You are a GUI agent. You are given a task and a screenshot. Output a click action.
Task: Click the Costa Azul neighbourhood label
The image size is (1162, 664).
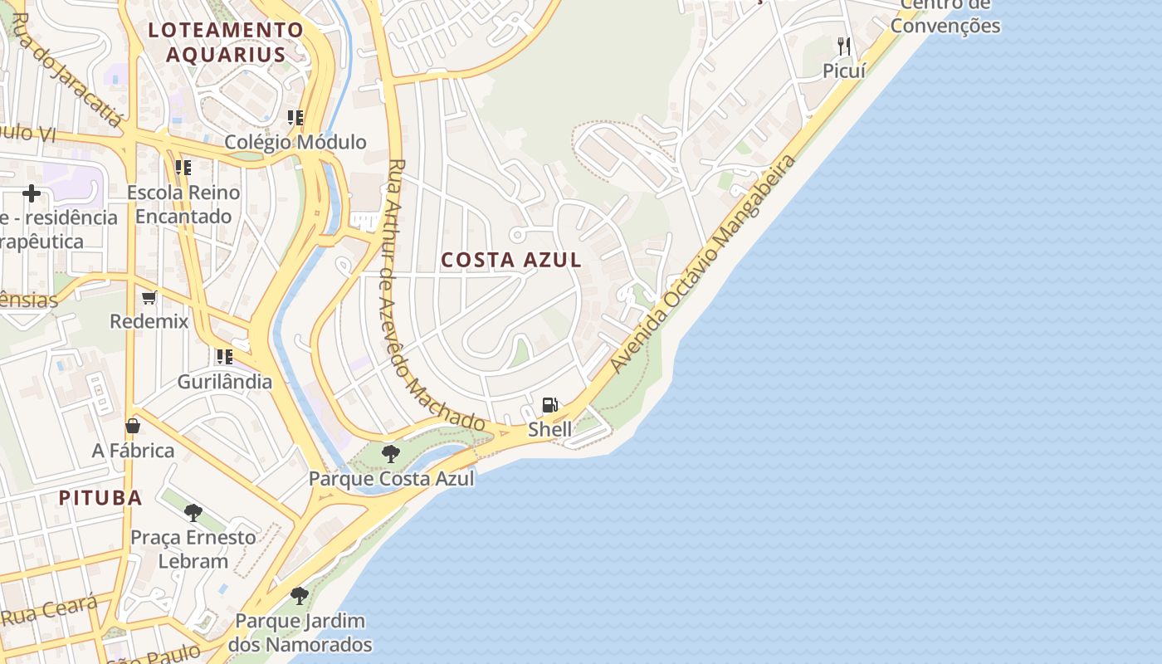point(510,260)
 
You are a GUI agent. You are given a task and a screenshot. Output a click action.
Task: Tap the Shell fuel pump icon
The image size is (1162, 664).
point(549,405)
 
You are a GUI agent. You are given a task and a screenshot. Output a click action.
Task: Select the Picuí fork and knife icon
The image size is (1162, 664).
point(844,46)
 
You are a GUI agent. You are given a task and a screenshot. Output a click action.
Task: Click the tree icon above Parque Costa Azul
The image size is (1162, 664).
point(390,454)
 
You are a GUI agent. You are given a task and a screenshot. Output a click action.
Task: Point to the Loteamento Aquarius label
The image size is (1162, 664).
point(226,42)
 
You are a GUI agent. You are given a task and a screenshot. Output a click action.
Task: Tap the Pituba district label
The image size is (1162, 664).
point(100,498)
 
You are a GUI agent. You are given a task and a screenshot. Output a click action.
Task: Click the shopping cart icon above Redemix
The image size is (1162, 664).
point(149,297)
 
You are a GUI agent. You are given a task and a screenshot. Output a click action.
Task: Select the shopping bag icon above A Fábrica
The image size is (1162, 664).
point(133,426)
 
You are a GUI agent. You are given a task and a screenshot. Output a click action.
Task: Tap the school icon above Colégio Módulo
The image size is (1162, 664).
point(295,118)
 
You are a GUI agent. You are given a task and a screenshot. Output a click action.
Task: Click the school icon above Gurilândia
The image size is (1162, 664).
point(224,357)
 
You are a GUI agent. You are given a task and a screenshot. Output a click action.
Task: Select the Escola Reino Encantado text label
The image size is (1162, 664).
point(183,204)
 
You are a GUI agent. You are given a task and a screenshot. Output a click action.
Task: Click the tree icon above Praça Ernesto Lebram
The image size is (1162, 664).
point(193,513)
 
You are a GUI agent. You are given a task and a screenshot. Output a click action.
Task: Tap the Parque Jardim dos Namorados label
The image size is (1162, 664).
point(300,632)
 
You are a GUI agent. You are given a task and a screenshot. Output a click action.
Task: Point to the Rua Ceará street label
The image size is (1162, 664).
point(50,610)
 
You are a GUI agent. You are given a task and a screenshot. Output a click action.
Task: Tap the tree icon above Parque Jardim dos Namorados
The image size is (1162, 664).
point(299,595)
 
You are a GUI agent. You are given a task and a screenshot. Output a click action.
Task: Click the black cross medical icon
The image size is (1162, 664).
point(32,193)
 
